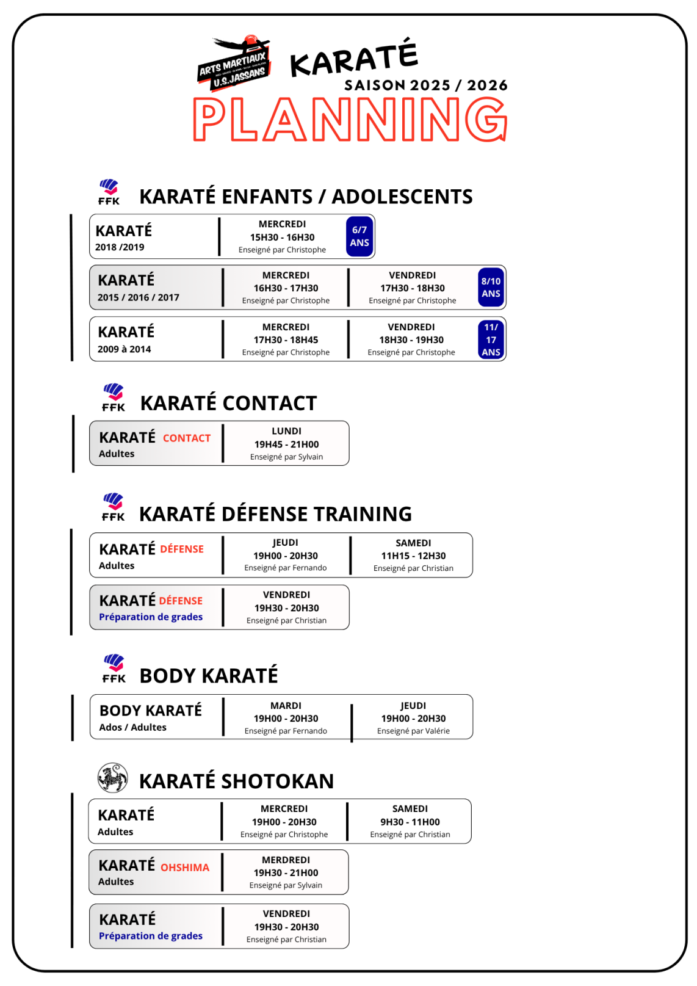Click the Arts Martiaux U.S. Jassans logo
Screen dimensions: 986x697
pyautogui.click(x=234, y=63)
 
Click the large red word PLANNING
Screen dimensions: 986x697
pyautogui.click(x=350, y=120)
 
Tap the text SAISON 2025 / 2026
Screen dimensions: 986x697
pyautogui.click(x=425, y=85)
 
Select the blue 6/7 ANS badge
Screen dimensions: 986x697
pyautogui.click(x=359, y=236)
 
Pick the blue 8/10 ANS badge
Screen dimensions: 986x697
pyautogui.click(x=491, y=288)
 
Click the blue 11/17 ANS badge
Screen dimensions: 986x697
pyautogui.click(x=491, y=339)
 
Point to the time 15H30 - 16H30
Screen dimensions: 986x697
pyautogui.click(x=282, y=237)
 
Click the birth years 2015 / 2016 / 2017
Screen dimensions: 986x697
pyautogui.click(x=139, y=297)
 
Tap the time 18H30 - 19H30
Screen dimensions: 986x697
pyautogui.click(x=411, y=340)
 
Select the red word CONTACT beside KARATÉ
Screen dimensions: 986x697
pyautogui.click(x=187, y=438)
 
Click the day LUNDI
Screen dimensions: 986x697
pyautogui.click(x=286, y=431)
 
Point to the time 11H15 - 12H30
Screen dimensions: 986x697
pyautogui.click(x=413, y=556)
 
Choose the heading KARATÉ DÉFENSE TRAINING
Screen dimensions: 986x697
pyautogui.click(x=275, y=514)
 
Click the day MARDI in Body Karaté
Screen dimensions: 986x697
pyautogui.click(x=286, y=706)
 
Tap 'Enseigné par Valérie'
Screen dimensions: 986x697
pyautogui.click(x=413, y=731)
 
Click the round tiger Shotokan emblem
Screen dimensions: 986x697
pyautogui.click(x=113, y=778)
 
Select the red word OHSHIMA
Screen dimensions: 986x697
pyautogui.click(x=185, y=868)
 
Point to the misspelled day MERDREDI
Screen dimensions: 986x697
pyautogui.click(x=286, y=860)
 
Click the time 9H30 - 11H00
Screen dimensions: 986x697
pyautogui.click(x=410, y=822)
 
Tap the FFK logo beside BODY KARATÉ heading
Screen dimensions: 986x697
pyautogui.click(x=114, y=668)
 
